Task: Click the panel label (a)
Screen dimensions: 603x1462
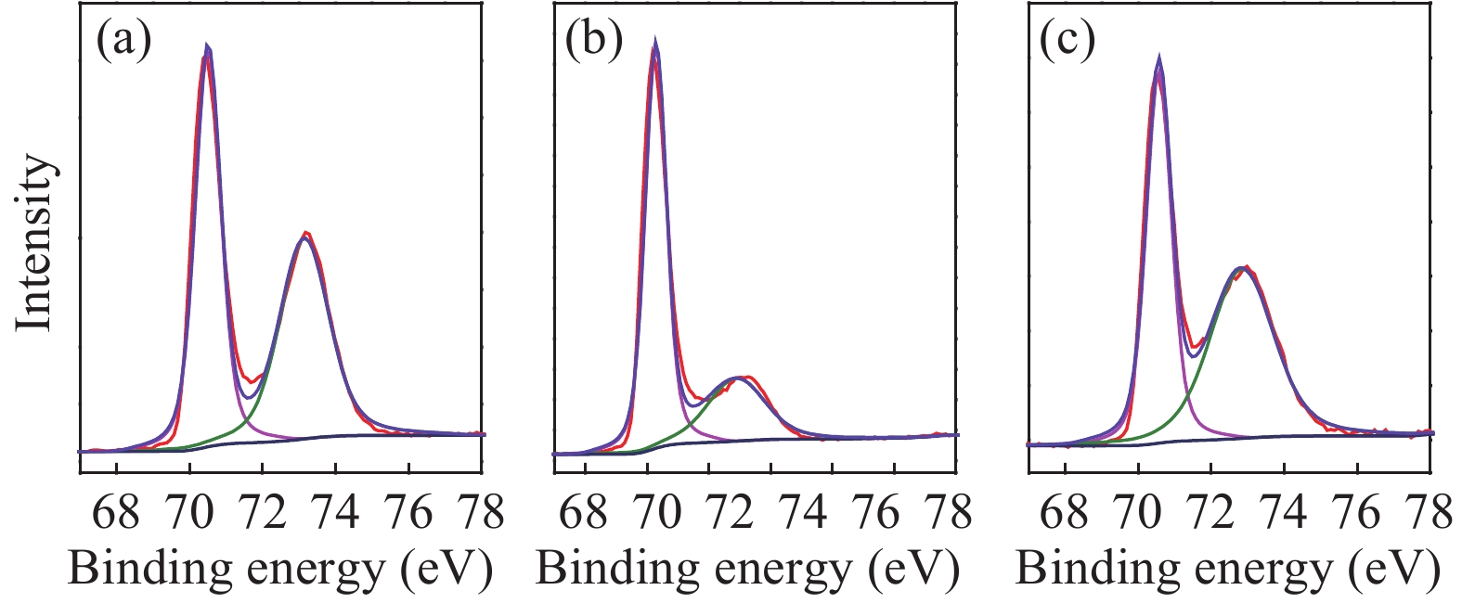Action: [x=123, y=40]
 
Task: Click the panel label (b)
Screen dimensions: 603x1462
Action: [x=593, y=40]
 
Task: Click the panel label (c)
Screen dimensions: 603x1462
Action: [x=1067, y=40]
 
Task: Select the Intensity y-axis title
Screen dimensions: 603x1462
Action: [x=35, y=243]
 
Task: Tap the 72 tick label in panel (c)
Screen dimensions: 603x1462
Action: [x=1210, y=511]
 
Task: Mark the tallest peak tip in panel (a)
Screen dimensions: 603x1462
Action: [x=208, y=46]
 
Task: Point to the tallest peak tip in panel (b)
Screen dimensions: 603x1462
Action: [x=655, y=41]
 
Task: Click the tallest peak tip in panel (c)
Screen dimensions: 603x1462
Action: [x=1158, y=58]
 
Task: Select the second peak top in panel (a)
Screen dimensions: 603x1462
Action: [x=305, y=236]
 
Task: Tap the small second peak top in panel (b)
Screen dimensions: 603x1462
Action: [x=740, y=378]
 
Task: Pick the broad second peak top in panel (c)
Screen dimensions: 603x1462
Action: [x=1242, y=269]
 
